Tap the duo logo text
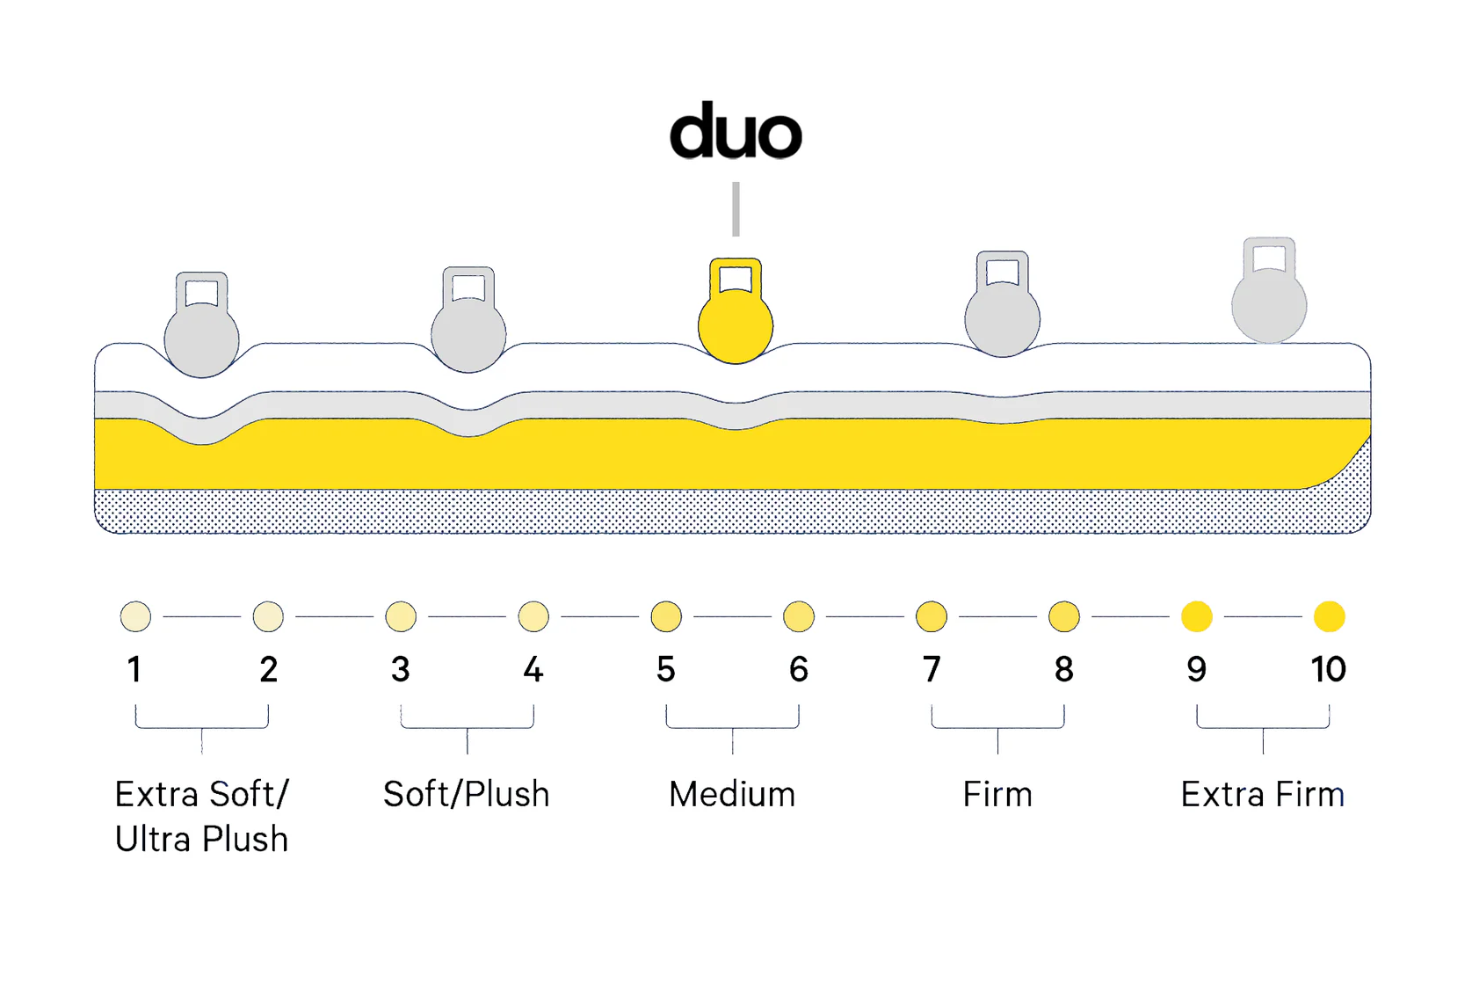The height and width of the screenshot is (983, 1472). (736, 132)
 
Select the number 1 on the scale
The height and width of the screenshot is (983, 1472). (134, 670)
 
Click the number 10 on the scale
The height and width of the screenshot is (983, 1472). (1328, 670)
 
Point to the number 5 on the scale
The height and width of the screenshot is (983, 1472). (666, 670)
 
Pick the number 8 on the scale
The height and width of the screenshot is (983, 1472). (1063, 670)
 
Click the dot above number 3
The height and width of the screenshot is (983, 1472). (401, 616)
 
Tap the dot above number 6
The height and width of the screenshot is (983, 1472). (799, 616)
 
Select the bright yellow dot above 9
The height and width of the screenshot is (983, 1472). (1196, 616)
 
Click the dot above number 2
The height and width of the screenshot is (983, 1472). (268, 616)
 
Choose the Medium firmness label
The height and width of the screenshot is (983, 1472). (732, 795)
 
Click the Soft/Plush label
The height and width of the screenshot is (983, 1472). (467, 795)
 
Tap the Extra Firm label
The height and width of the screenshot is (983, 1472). (1262, 795)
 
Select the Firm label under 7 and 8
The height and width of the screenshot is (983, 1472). (997, 795)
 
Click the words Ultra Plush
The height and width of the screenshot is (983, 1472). (201, 840)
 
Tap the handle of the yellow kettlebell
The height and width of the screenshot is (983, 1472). (736, 274)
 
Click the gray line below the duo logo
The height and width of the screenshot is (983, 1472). (736, 209)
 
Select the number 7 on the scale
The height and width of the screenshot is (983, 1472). (932, 670)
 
